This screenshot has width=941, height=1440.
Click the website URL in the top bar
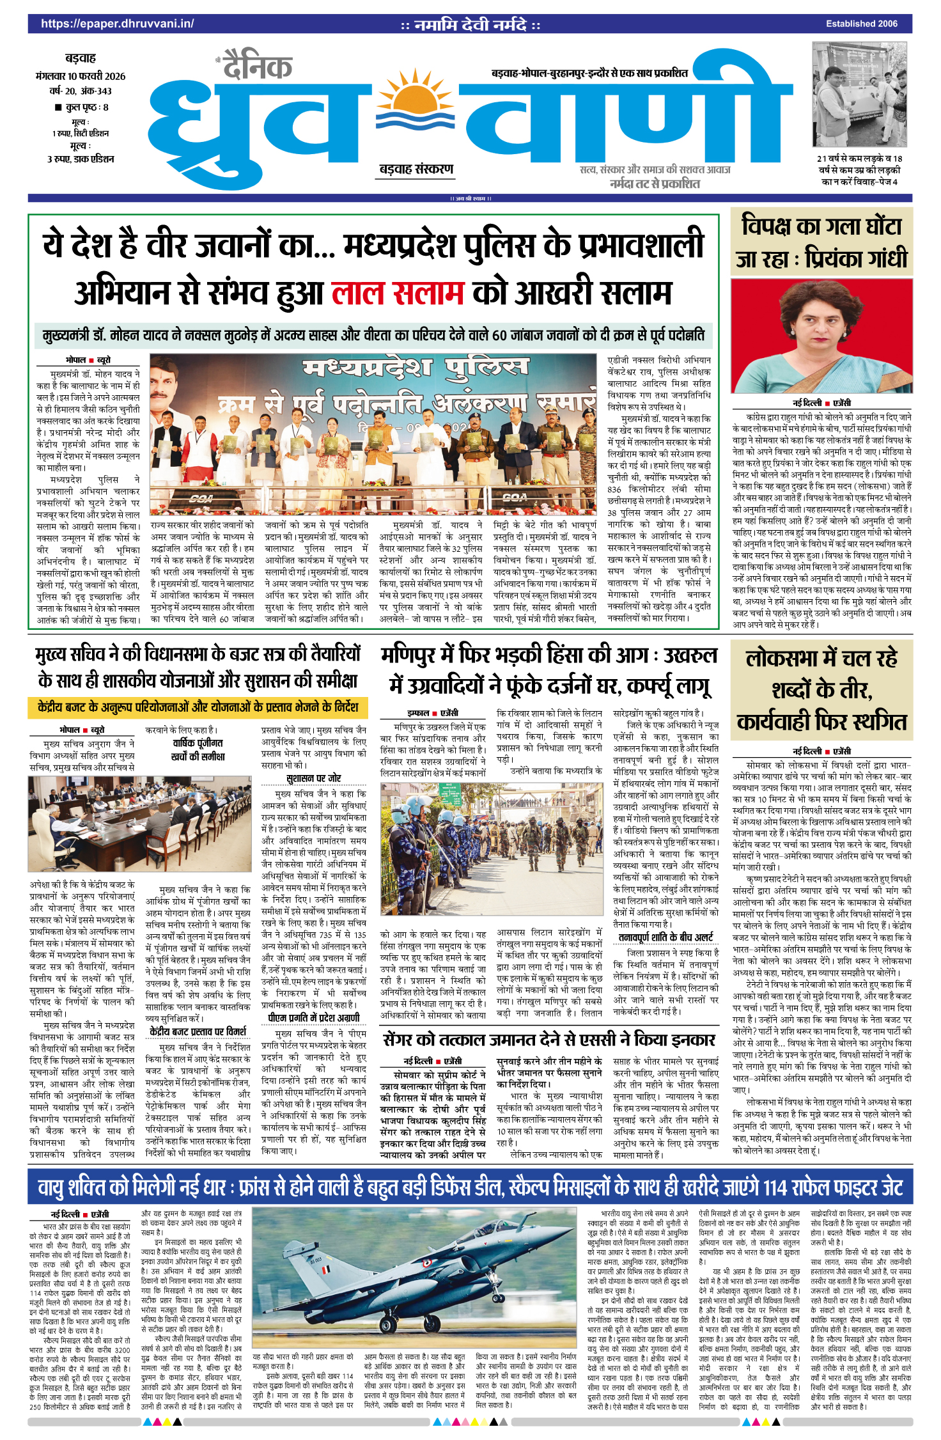[117, 24]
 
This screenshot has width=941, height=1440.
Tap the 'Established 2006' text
[861, 24]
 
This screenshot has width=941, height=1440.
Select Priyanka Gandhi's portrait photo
[821, 336]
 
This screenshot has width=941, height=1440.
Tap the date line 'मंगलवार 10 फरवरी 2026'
[81, 76]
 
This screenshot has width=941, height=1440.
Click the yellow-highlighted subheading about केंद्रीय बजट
[198, 707]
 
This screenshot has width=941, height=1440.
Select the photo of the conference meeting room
[81, 824]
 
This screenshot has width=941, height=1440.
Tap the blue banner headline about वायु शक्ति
[470, 1188]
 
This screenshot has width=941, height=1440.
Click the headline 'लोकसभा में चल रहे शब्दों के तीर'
[821, 690]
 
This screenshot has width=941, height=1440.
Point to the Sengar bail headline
[548, 1039]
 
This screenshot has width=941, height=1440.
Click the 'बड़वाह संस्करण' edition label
[416, 169]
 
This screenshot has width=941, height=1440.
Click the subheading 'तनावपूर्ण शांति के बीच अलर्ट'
[665, 937]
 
